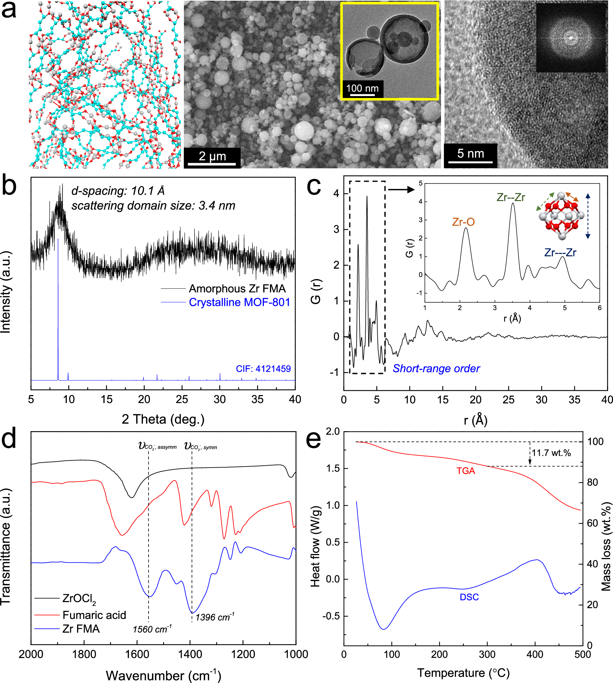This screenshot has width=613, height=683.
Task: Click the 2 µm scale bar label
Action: tap(212, 156)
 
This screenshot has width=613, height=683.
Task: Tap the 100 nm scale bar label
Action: tap(362, 88)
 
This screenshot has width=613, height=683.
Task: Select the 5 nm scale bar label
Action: tap(470, 153)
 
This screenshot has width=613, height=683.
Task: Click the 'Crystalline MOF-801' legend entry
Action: tap(239, 302)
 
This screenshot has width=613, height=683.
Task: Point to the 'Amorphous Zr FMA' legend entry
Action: tap(237, 289)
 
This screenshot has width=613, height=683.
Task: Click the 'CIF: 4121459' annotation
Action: tap(263, 368)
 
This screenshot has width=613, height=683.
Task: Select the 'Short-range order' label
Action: tap(436, 368)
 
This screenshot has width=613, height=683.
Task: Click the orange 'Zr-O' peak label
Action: tap(463, 222)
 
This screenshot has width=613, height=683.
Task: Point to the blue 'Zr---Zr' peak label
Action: tap(560, 253)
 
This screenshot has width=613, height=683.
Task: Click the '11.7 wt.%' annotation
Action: tap(551, 453)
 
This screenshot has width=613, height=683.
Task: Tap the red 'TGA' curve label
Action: tap(466, 471)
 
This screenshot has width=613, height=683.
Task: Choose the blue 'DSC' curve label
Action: tap(469, 597)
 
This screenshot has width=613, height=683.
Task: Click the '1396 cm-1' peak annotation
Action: tap(215, 617)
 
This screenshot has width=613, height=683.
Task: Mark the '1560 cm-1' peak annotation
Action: tap(152, 629)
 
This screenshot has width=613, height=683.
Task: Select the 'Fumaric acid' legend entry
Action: tap(94, 615)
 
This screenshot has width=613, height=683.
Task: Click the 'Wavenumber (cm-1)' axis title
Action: tap(163, 675)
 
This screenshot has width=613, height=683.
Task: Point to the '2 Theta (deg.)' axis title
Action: tap(163, 419)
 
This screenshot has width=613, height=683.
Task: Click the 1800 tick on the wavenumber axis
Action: tap(84, 654)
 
